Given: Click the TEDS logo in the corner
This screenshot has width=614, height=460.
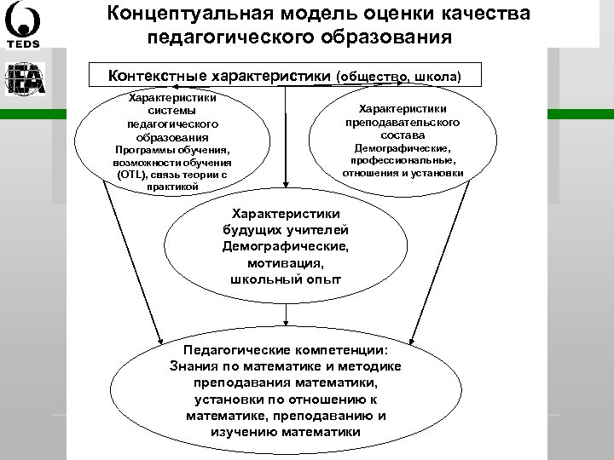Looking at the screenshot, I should pyautogui.click(x=25, y=26).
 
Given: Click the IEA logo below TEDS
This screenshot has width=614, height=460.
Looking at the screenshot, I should pyautogui.click(x=25, y=78).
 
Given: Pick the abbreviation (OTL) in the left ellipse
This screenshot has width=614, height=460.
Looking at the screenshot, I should pyautogui.click(x=131, y=175).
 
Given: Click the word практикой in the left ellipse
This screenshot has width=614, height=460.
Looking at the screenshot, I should pyautogui.click(x=171, y=187).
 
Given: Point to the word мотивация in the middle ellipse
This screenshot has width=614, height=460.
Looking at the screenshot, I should pyautogui.click(x=285, y=263).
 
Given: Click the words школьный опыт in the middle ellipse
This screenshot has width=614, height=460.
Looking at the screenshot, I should pyautogui.click(x=285, y=279).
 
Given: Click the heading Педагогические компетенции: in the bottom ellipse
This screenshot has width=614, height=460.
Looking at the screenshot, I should pyautogui.click(x=285, y=350).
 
